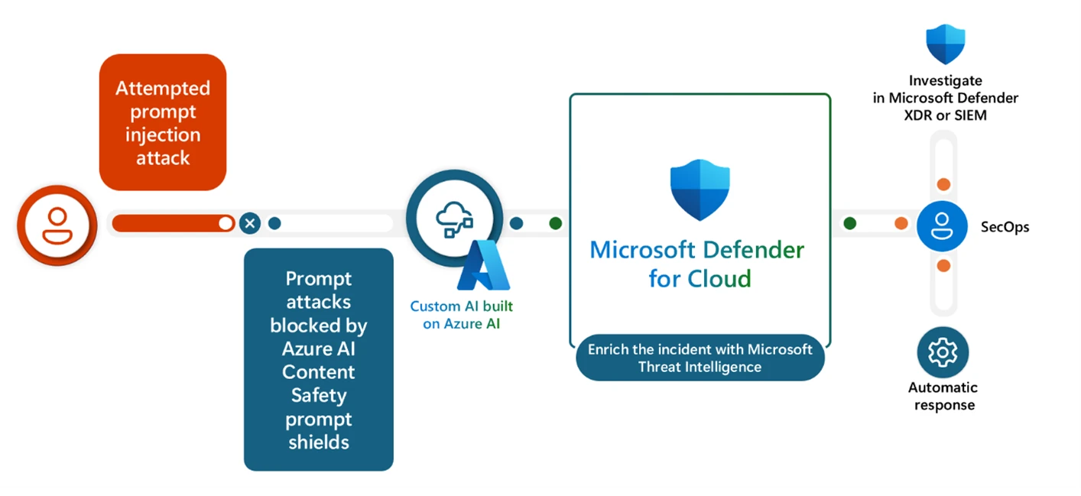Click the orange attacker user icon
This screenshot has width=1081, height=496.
(x=57, y=225)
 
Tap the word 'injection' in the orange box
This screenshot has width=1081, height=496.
(x=163, y=135)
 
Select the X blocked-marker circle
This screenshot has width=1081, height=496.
(x=250, y=223)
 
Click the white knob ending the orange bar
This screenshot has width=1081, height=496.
(x=226, y=223)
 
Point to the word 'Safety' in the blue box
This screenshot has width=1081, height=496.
(x=318, y=396)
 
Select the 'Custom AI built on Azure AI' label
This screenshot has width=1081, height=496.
(x=462, y=315)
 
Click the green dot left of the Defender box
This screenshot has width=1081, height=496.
(x=556, y=223)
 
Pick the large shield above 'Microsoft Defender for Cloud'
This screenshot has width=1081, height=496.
(x=700, y=190)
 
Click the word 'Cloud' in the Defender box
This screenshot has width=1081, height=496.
(x=721, y=278)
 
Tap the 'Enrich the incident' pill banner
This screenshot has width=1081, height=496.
(x=700, y=358)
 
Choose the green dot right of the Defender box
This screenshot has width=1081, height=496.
(x=849, y=223)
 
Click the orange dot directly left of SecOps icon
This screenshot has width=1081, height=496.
(x=901, y=223)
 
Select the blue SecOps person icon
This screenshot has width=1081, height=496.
(x=943, y=225)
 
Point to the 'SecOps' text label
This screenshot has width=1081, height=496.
(x=1005, y=227)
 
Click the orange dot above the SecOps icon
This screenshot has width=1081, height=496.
(x=943, y=184)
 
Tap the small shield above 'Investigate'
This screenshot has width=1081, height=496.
(x=945, y=44)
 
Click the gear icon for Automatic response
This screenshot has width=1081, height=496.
(x=943, y=352)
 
